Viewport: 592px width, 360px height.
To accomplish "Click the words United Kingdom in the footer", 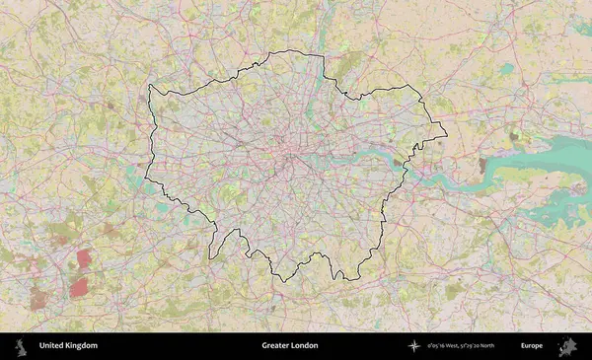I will pos(68,346).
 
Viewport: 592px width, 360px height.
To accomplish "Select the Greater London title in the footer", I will pos(290,346).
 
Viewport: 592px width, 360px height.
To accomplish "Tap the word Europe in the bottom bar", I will pos(532,346).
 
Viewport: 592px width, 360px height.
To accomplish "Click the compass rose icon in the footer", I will pos(413,346).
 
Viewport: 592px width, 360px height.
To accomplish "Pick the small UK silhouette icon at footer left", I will pos(22,346).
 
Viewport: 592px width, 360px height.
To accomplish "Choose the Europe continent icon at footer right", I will pos(568,346).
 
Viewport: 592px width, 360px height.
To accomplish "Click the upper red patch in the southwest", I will pos(84,259).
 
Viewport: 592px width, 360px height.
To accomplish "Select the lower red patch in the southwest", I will pos(78,287).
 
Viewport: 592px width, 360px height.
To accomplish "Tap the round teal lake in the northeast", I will pos(506,69).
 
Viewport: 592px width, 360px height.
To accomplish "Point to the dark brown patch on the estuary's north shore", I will pos(482,165).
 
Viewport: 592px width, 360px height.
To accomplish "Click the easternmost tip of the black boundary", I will pos(447,135).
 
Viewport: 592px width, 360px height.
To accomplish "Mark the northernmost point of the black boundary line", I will pos(296,50).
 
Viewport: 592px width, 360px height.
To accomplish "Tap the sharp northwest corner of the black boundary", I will pos(149,86).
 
